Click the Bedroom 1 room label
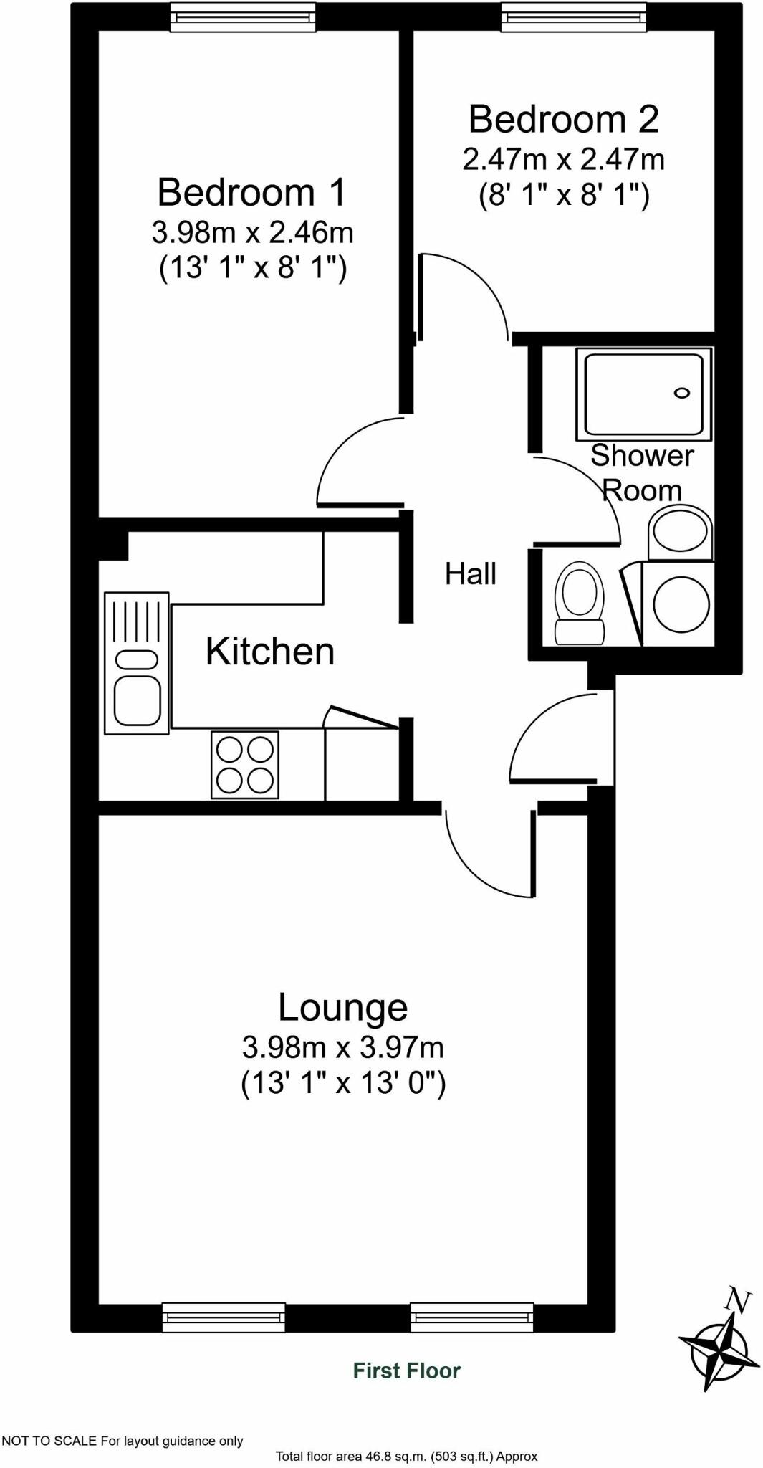pos(251,192)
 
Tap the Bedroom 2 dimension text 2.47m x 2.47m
pos(563,159)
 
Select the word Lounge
pos(342,1007)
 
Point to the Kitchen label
pos(270,652)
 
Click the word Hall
pos(471,574)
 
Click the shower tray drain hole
pos(681,393)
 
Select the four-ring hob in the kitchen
pos(245,765)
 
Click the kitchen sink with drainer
pos(137,663)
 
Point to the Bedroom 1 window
pos(243,17)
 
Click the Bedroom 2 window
pos(573,17)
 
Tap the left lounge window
pos(224,1317)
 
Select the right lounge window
pos(472,1317)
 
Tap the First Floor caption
pos(406,1371)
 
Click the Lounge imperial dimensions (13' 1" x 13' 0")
pos(342,1082)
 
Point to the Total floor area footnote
pos(406,1457)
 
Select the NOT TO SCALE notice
pos(122,1441)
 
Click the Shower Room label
pos(642,473)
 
